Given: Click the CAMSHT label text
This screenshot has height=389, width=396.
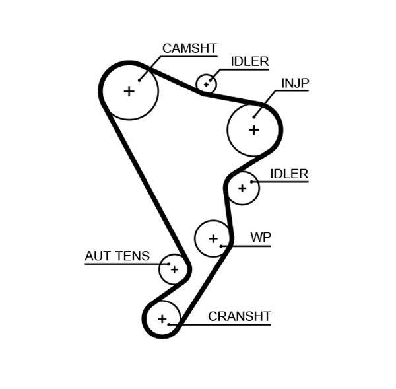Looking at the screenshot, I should point(189,48).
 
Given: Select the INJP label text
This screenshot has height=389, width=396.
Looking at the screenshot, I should point(295,83).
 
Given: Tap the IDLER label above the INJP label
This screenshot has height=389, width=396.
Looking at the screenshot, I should point(249,62).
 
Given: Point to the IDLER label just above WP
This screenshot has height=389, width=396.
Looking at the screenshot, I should point(289,174).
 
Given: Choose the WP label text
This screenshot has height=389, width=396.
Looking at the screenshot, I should point(261,238).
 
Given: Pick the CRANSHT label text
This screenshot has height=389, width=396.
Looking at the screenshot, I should point(239,316).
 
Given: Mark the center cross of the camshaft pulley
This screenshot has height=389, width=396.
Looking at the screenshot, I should point(129,91).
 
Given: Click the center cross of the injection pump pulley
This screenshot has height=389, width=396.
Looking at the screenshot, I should point(254,130).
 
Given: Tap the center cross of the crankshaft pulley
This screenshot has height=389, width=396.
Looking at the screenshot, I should point(162,320).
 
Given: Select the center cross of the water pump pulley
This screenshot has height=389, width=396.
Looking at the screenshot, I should point(213,238).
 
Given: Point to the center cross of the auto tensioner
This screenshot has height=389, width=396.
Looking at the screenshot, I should point(174,269).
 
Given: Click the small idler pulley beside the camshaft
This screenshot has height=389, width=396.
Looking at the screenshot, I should point(207,84).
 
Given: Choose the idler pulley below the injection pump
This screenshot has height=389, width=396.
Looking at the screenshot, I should point(242,188).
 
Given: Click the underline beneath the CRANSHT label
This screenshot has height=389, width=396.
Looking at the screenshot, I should point(224,324).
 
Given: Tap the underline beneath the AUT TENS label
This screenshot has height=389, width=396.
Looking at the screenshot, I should point(119,264).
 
